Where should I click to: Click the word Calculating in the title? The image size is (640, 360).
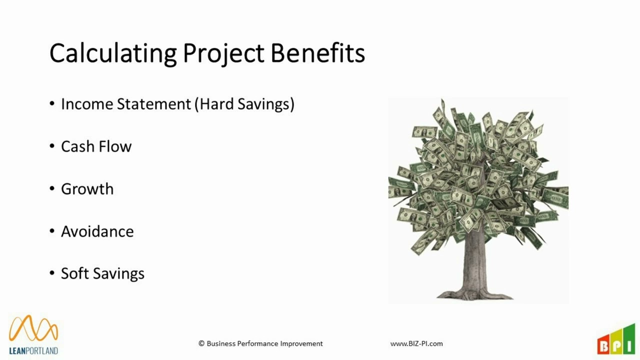(113, 53)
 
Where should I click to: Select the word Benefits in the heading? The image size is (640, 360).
(317, 53)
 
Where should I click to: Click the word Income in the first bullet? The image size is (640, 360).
(87, 104)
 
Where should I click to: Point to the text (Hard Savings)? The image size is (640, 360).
(244, 104)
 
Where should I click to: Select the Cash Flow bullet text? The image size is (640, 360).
(96, 146)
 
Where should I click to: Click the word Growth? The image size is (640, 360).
(87, 189)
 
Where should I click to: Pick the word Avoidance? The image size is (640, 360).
(97, 231)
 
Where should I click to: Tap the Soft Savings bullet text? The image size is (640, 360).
(102, 274)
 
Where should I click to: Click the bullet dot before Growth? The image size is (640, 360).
(52, 188)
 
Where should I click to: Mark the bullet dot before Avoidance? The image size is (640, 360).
(52, 231)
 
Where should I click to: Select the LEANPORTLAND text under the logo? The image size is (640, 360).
(33, 350)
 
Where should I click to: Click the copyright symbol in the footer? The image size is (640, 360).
(201, 343)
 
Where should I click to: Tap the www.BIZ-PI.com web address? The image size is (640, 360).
(416, 343)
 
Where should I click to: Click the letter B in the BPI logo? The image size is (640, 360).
(603, 346)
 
